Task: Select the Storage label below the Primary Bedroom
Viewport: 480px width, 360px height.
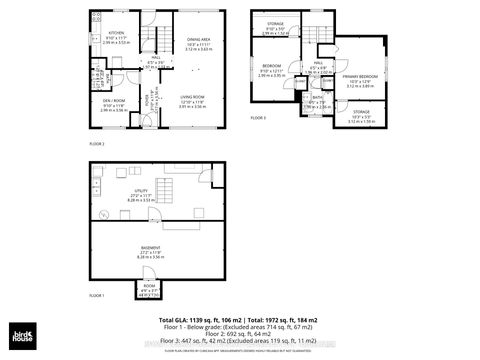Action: [360, 112]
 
